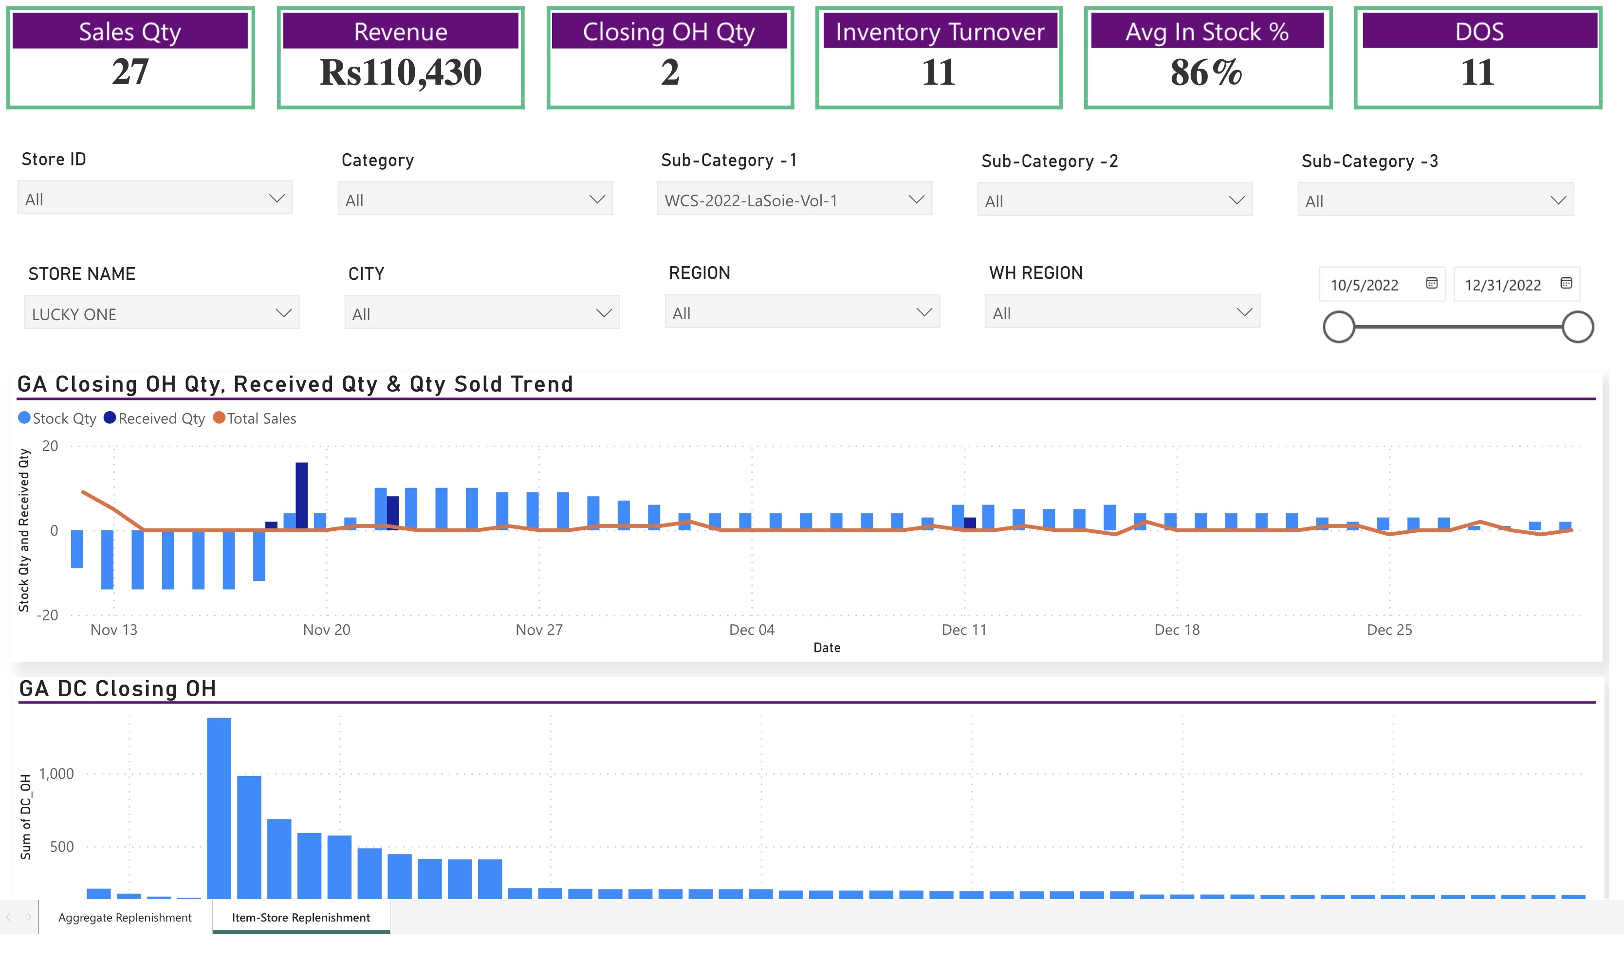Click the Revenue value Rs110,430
[400, 72]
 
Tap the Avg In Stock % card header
[1206, 32]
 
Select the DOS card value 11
[1477, 72]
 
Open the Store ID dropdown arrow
[277, 199]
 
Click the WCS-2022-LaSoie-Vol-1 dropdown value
[751, 200]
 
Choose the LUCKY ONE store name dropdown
[161, 314]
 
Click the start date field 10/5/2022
[1364, 285]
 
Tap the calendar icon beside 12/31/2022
[1565, 283]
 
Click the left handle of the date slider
[1338, 327]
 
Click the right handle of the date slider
[1577, 327]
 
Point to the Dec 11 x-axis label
[963, 630]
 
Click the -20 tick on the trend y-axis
[47, 615]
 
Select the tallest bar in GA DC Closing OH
[219, 808]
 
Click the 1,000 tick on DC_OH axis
[56, 774]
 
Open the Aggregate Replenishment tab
[125, 918]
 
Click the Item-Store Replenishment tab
[301, 918]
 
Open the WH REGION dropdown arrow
[1244, 313]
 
